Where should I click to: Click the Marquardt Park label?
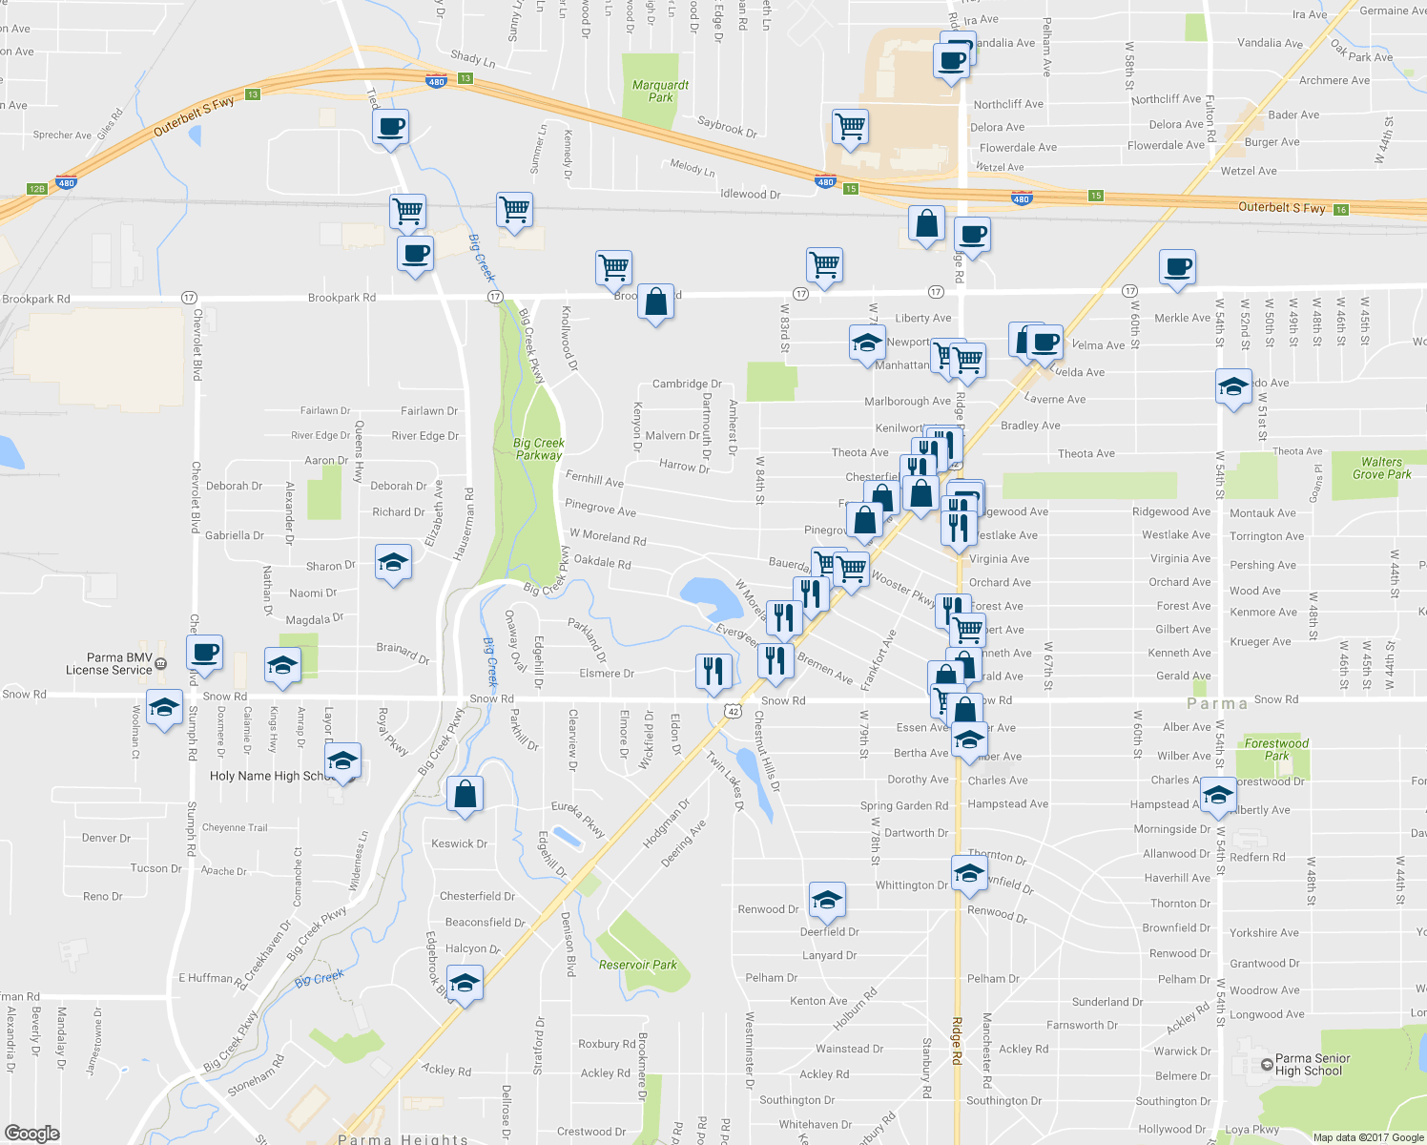pos(660,91)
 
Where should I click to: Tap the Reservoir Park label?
pos(637,965)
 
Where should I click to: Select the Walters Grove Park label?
pos(1381,468)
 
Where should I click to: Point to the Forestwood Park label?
pos(1276,749)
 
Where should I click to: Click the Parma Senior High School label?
pos(1312,1064)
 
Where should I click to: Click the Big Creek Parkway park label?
pos(539,448)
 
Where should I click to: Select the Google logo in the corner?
pos(31,1134)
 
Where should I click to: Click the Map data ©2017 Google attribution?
pos(1368,1137)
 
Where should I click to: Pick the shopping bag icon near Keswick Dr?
pos(465,793)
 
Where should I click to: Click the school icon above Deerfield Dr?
pos(826,898)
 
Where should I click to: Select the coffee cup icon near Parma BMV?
pos(204,653)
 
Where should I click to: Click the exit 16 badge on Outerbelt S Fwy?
pos(1340,210)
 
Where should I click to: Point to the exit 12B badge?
pos(36,189)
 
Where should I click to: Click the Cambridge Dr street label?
pos(686,384)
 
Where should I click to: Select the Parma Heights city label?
pos(403,1139)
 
